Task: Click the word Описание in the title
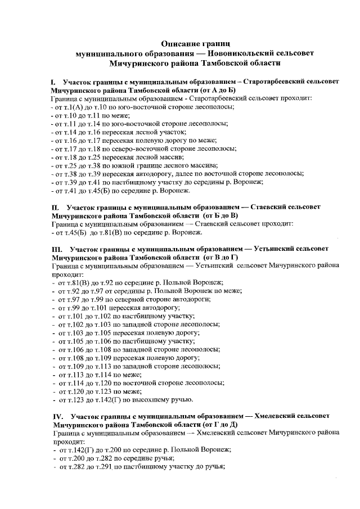(x=179, y=43)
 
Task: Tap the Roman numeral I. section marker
(x=53, y=82)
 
